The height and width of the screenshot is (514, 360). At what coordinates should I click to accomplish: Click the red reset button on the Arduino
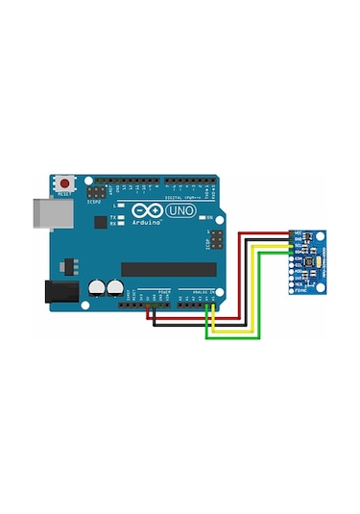click(65, 182)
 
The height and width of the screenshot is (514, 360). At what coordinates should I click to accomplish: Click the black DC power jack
click(60, 291)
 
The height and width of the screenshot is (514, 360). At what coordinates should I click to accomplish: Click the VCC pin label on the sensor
click(299, 233)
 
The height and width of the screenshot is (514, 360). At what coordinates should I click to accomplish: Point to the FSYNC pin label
click(300, 291)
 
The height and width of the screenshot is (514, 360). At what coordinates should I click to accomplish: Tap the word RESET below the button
click(65, 193)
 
